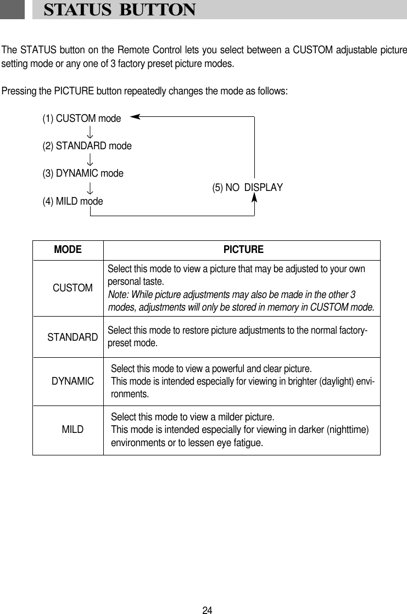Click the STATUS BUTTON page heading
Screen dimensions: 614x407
click(119, 10)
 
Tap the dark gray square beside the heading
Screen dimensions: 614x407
click(12, 10)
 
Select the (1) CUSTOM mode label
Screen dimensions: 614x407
click(82, 118)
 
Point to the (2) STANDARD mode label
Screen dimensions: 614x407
click(87, 146)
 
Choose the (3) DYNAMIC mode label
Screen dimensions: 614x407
click(83, 173)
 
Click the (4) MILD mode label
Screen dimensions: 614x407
click(73, 201)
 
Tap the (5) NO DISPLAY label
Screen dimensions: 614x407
click(247, 188)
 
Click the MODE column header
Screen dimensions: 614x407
click(68, 250)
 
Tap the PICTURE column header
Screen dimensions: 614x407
click(243, 250)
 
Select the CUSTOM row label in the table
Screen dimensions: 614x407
click(73, 288)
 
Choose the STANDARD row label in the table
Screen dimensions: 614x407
click(73, 336)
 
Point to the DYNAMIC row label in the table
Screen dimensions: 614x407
click(73, 380)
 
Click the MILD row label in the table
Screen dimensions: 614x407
click(73, 429)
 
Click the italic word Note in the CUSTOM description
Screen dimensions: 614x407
click(118, 295)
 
